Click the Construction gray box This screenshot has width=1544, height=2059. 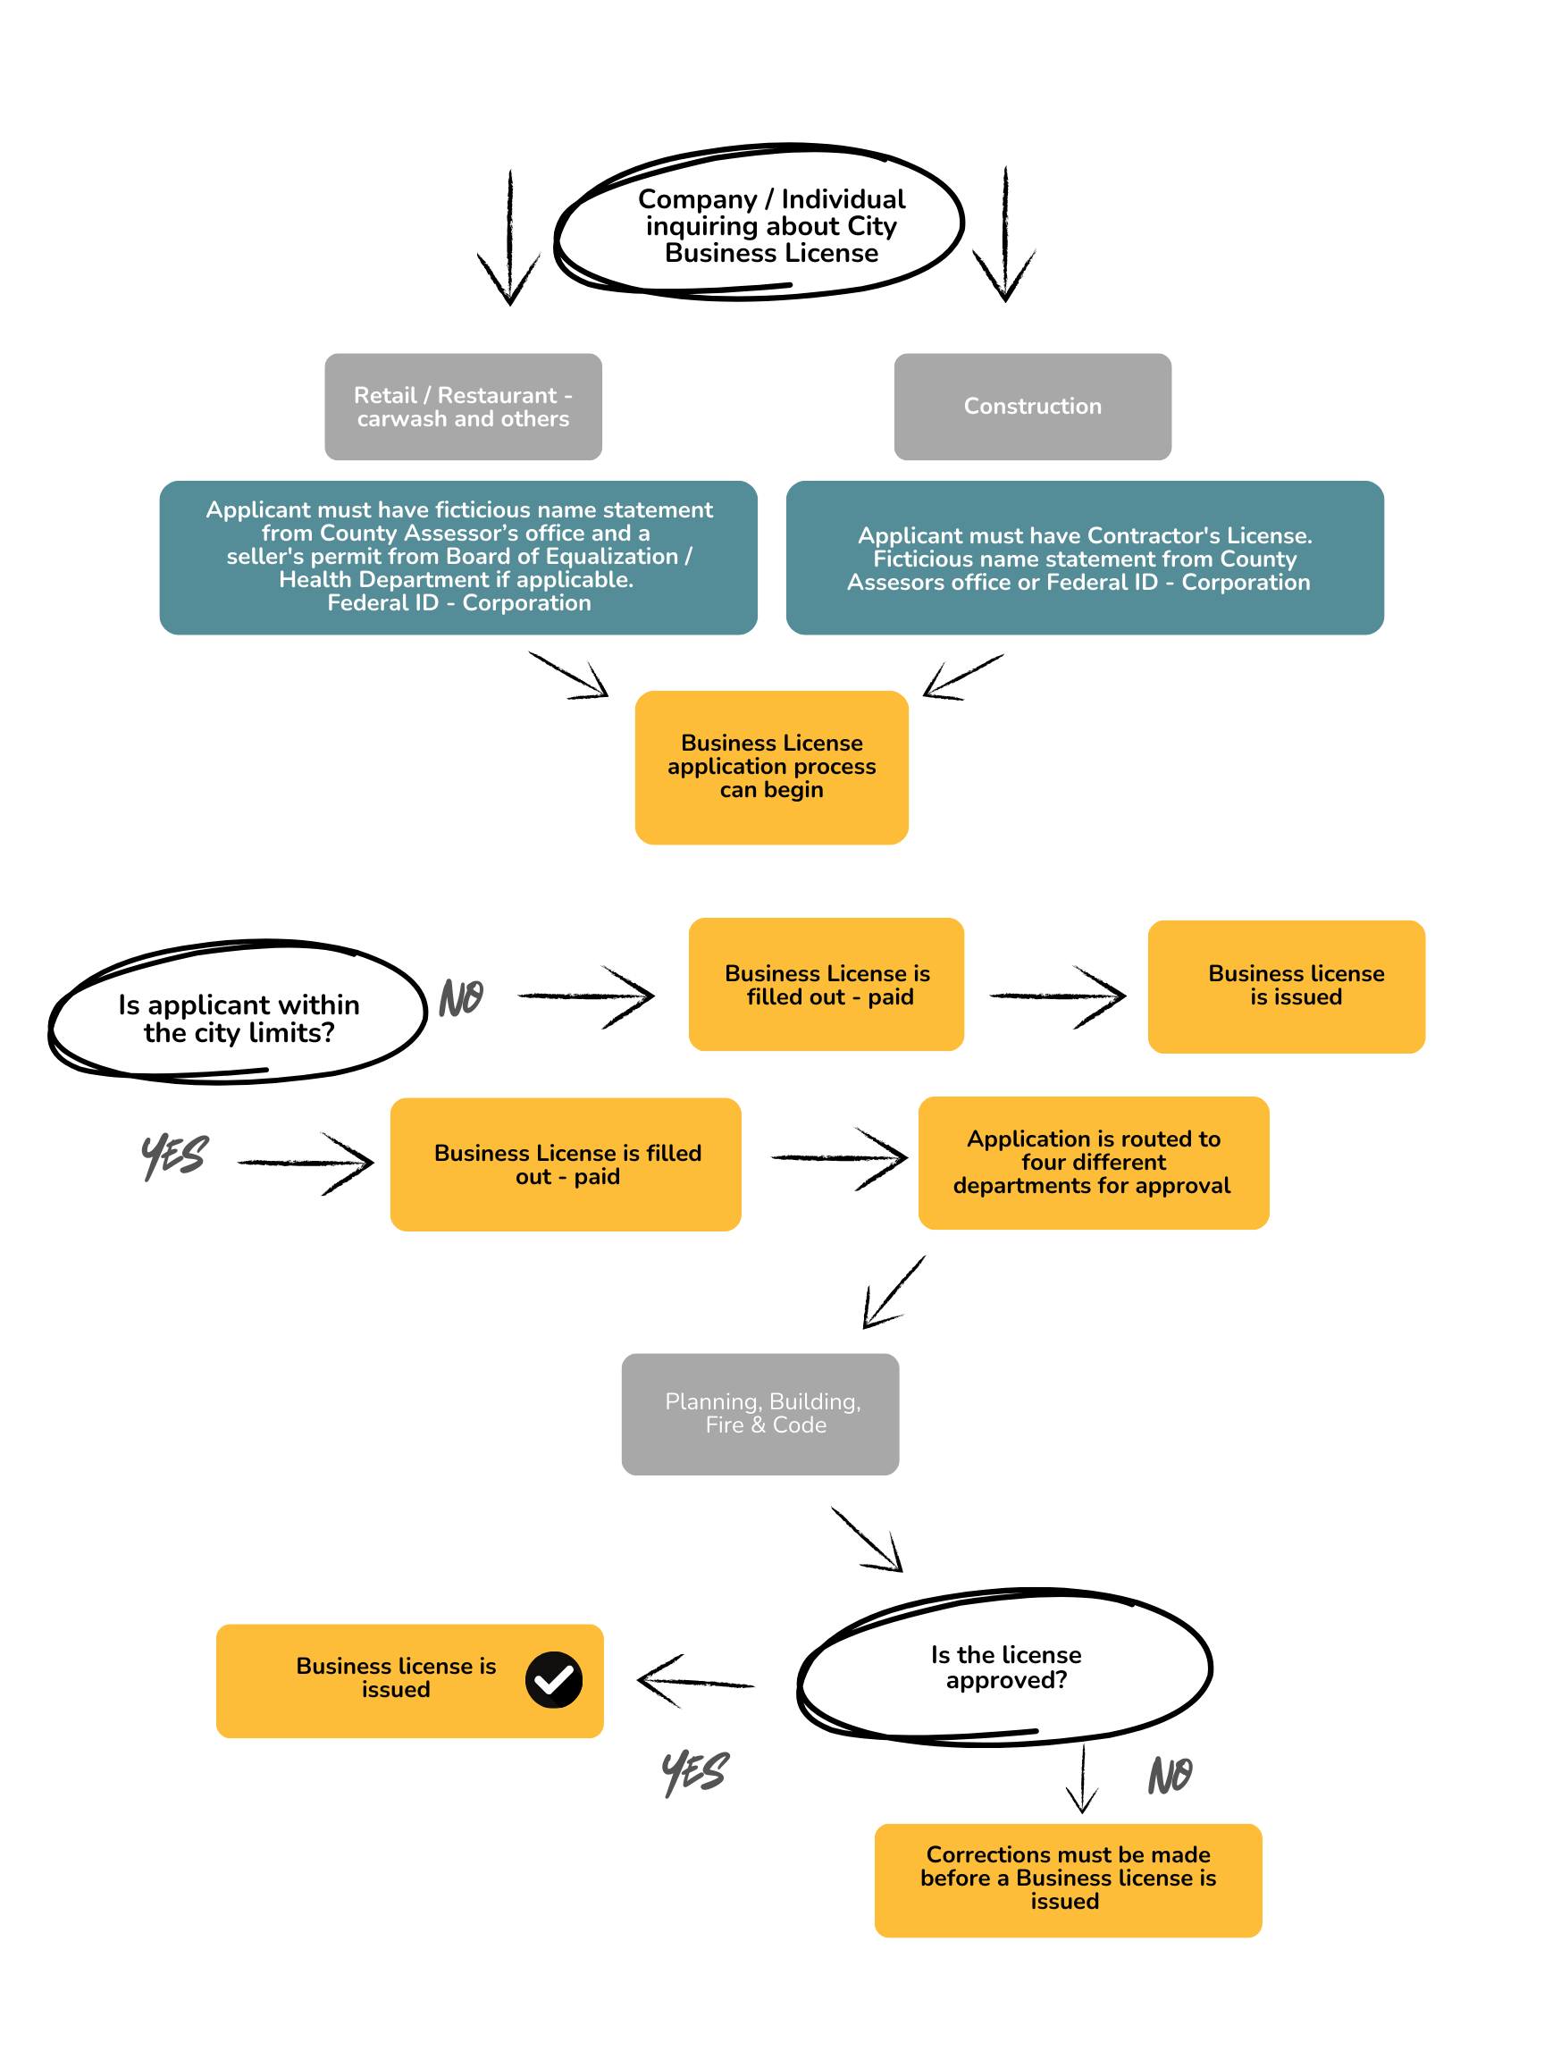tap(1031, 406)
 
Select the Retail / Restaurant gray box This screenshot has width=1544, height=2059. tap(463, 406)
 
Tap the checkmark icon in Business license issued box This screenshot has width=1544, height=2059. tap(553, 1679)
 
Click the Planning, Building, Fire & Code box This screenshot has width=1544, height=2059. tap(759, 1413)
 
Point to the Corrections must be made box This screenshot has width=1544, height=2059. tap(1067, 1879)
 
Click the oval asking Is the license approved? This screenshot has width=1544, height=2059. tap(1005, 1666)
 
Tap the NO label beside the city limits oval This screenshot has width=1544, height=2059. tap(462, 998)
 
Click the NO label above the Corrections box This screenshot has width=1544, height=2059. tap(1169, 1774)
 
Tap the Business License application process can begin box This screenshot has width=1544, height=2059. tap(770, 766)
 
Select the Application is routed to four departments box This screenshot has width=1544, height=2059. tap(1093, 1162)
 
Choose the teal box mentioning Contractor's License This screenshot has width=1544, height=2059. tap(1083, 558)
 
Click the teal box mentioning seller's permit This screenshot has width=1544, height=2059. tap(457, 557)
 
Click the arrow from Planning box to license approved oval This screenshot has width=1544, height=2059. tap(868, 1539)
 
